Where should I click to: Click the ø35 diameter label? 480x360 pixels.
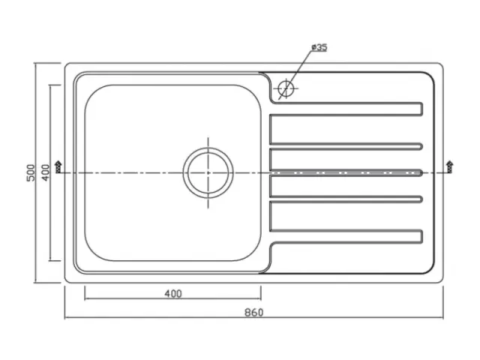(319, 47)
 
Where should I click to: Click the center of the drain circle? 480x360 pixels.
(208, 173)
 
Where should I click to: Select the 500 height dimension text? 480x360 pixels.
(31, 173)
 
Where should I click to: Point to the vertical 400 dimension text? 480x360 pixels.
(45, 173)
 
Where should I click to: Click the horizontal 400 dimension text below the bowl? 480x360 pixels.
(173, 294)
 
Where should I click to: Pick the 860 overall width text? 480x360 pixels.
(254, 313)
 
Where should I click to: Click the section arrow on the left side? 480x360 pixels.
(58, 167)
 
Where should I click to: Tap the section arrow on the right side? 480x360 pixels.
(450, 167)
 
